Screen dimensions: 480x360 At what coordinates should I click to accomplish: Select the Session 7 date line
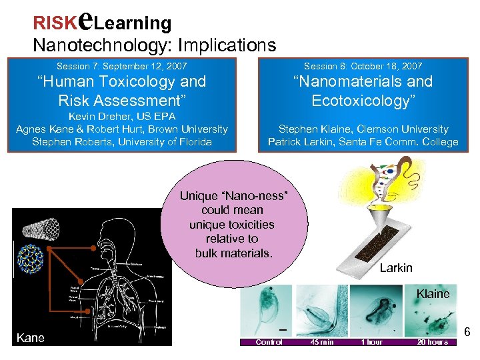click(122, 66)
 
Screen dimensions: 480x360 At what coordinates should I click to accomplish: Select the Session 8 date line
click(363, 66)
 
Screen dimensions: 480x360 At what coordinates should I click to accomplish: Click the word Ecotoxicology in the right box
click(363, 101)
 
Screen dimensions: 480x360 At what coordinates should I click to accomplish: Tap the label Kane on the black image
click(30, 338)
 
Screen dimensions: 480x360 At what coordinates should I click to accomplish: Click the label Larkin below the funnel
click(396, 268)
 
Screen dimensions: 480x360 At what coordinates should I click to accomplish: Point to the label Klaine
click(433, 293)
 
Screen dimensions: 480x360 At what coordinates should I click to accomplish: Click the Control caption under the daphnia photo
click(269, 342)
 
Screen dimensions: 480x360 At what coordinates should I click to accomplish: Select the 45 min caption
click(322, 342)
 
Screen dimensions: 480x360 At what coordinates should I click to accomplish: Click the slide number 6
click(467, 332)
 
